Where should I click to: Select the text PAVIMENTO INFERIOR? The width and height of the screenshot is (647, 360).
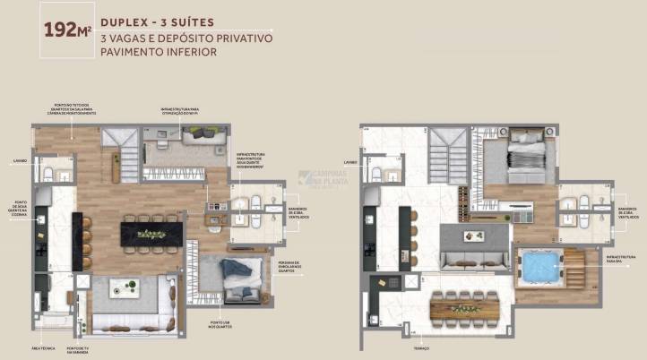click(x=160, y=52)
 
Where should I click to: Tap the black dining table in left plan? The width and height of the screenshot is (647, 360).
click(x=151, y=234)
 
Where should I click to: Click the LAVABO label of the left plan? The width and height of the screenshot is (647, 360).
click(x=20, y=161)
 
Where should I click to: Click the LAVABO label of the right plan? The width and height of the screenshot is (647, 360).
click(x=350, y=162)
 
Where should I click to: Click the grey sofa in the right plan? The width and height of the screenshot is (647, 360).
click(x=477, y=260)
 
